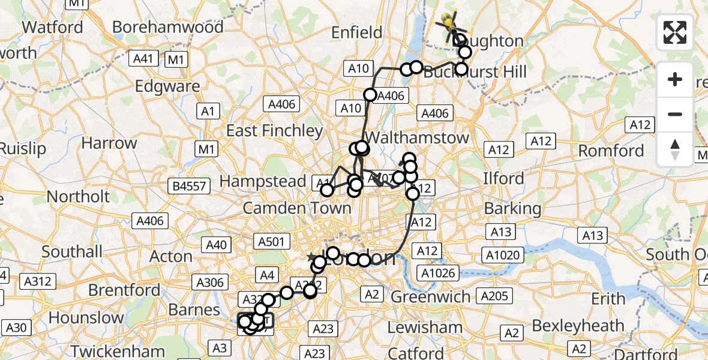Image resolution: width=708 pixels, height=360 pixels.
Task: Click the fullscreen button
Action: pos(675,32)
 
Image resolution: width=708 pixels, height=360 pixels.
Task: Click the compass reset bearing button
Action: pos(675,148)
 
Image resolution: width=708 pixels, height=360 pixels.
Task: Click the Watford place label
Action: pos(52,27)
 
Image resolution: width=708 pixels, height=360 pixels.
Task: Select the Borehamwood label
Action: pos(167,27)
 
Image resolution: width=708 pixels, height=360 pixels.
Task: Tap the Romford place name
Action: pos(611,150)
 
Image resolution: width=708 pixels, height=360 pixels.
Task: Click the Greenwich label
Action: pos(431,296)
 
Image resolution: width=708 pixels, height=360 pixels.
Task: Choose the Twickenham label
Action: pos(118,351)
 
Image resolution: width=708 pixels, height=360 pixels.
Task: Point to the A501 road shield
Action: pos(271,241)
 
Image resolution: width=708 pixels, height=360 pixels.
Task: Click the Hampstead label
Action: pos(263,181)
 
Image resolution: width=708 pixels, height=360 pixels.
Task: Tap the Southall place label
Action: pos(72,251)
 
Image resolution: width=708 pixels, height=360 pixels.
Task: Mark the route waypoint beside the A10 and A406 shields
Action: pos(370,95)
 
